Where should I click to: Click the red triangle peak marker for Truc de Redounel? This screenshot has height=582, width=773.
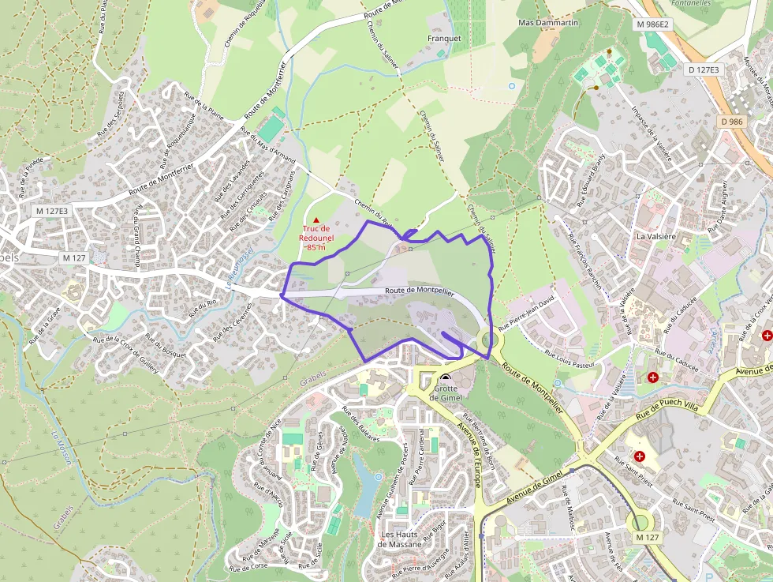(316, 220)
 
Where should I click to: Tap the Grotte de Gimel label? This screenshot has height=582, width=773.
(446, 392)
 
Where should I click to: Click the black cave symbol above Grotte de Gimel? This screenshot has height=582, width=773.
(446, 378)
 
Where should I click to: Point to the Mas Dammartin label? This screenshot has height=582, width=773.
(548, 23)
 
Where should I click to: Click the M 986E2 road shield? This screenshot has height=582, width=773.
(652, 24)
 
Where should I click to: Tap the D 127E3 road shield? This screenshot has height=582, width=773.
(704, 70)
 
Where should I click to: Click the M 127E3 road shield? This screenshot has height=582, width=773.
(52, 211)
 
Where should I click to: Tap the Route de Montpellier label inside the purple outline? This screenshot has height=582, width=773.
(420, 291)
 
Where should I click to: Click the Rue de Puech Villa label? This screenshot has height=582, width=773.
(669, 405)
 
